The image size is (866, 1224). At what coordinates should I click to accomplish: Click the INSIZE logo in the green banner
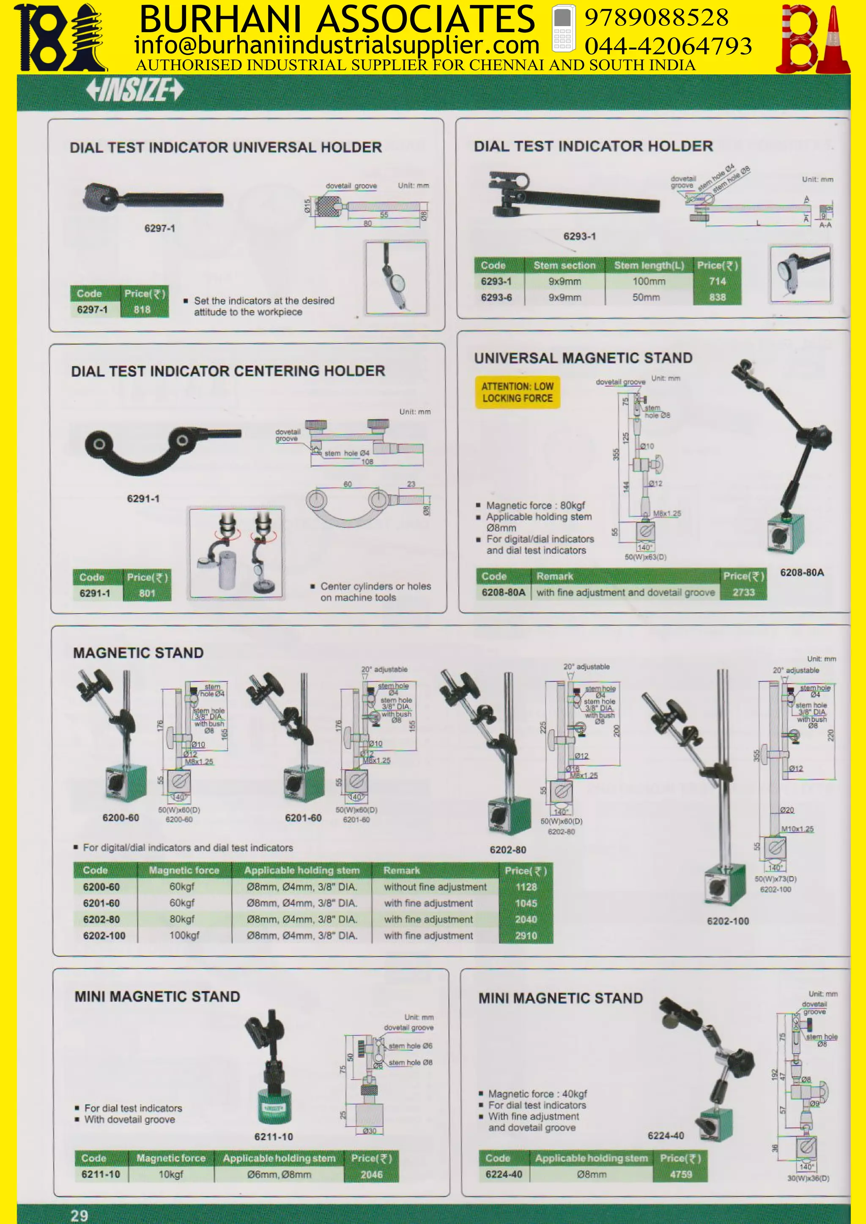tap(134, 90)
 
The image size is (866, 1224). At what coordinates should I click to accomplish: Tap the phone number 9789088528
tap(656, 18)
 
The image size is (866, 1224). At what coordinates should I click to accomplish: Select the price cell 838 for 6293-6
tap(717, 298)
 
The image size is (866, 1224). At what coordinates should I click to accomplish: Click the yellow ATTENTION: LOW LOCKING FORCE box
tap(517, 392)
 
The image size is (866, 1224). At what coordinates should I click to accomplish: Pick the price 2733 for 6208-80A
tap(743, 592)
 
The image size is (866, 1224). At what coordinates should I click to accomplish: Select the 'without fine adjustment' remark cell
tap(435, 887)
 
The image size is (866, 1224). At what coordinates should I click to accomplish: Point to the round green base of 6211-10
tap(274, 1106)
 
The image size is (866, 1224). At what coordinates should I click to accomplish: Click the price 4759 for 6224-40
tap(680, 1174)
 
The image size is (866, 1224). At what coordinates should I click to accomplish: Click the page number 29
tap(79, 1215)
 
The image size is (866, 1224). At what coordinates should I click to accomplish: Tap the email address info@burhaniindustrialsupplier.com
tap(337, 45)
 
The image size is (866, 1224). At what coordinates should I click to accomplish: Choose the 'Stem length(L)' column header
tap(648, 265)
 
